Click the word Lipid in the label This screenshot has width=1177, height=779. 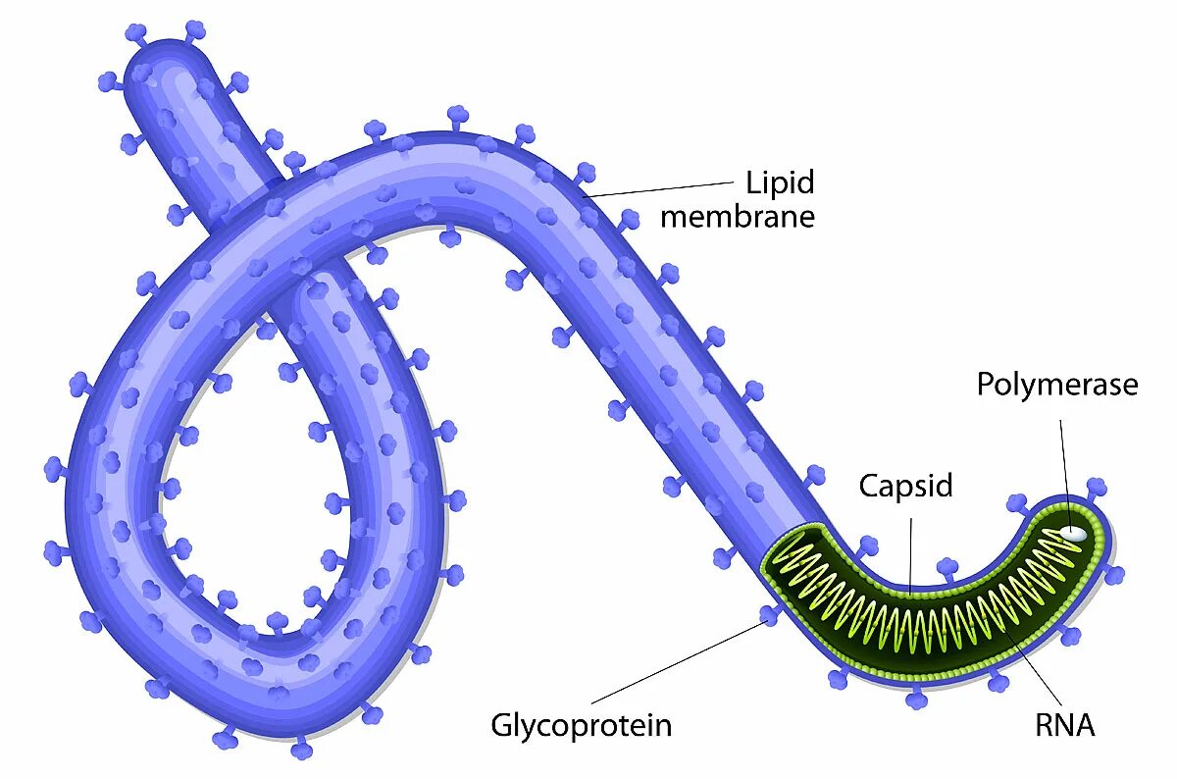(780, 182)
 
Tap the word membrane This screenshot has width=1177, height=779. (737, 216)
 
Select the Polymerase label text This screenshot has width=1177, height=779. (1056, 385)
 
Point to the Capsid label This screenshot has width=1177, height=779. (905, 486)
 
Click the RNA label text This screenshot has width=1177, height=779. (1064, 726)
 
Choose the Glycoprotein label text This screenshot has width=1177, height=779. (582, 726)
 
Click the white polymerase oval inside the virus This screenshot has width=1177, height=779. (1075, 534)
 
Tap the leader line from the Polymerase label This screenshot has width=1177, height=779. (1065, 471)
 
